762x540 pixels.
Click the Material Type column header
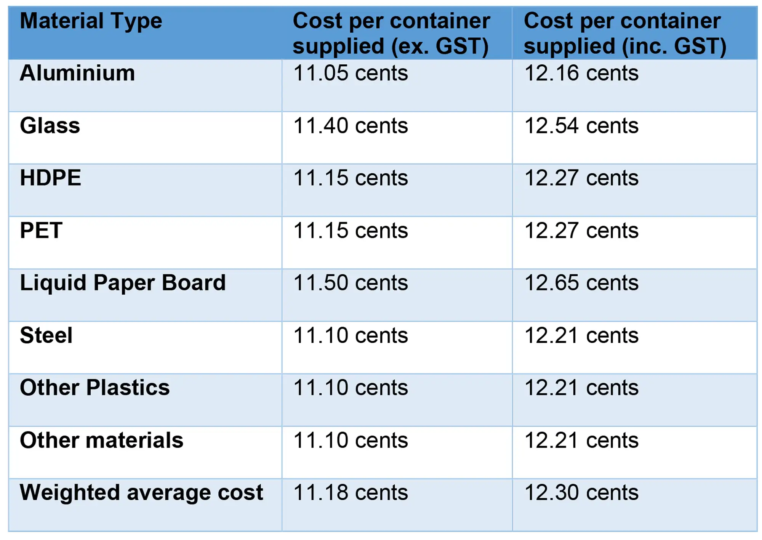[91, 21]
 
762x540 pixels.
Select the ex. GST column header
[391, 33]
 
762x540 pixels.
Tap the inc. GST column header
[625, 33]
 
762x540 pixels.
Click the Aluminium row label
[77, 73]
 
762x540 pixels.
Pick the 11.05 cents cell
[350, 73]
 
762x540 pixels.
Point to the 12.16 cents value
[581, 73]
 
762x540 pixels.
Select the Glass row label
[50, 126]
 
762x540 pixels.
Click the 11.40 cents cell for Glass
[350, 126]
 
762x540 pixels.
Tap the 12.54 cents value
[581, 126]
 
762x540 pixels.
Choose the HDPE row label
[50, 178]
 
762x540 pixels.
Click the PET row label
[41, 231]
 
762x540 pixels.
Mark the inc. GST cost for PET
[581, 231]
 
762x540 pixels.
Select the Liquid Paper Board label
[123, 283]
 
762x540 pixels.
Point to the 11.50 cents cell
[350, 283]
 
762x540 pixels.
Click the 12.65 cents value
[581, 283]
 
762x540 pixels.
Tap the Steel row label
[46, 335]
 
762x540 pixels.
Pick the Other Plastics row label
[94, 388]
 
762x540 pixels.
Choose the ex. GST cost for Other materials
[350, 441]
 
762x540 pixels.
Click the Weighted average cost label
[141, 493]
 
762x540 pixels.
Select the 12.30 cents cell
[581, 493]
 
